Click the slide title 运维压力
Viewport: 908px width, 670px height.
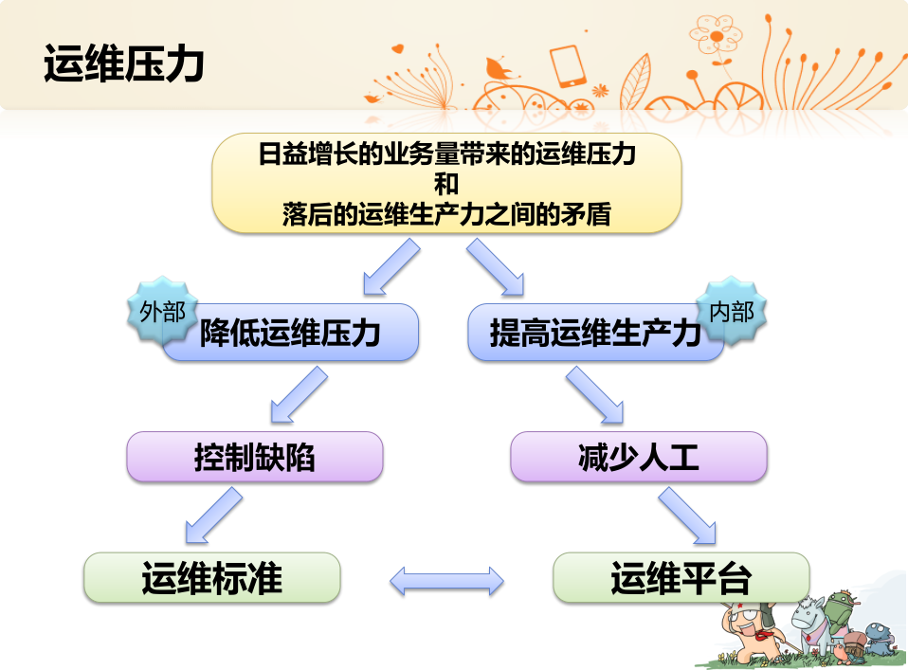coord(124,63)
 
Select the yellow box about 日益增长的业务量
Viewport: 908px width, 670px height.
coord(446,183)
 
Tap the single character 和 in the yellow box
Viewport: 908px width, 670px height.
coord(446,184)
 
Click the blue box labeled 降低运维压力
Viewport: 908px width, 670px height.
coord(290,333)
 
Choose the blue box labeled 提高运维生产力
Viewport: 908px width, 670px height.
coord(595,333)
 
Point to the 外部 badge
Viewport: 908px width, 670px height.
coord(163,312)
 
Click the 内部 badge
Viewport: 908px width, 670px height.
coord(732,312)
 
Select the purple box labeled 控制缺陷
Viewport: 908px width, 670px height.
coord(255,457)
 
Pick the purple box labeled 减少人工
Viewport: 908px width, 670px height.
coord(639,457)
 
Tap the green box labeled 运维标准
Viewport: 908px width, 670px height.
coord(212,577)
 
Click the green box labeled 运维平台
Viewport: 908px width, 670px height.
coord(681,577)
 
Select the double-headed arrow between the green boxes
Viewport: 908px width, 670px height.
coord(446,581)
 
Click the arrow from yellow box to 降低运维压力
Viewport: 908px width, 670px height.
coord(390,268)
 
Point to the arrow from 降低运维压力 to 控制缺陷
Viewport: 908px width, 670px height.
coord(299,395)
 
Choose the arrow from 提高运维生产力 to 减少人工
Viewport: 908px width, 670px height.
coord(595,395)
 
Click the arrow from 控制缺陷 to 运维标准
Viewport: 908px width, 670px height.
coord(213,516)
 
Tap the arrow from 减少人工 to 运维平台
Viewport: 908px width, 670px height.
coord(687,516)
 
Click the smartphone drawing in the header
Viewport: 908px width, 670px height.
coord(568,66)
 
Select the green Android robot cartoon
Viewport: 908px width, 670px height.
coord(841,614)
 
